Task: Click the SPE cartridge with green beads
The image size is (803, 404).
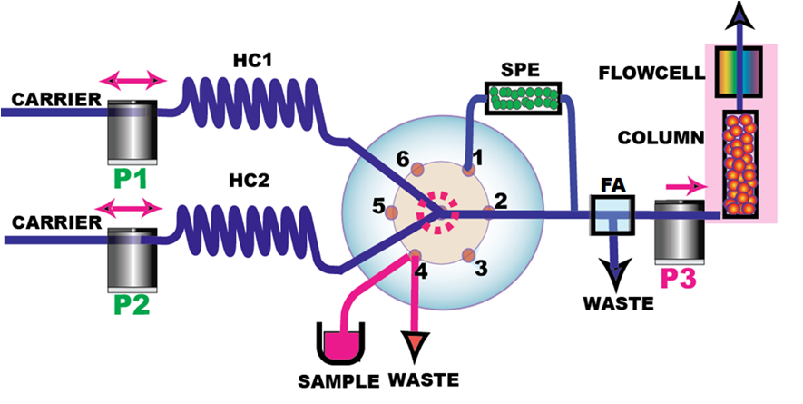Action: (x=523, y=98)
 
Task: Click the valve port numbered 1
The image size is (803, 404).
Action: (x=468, y=169)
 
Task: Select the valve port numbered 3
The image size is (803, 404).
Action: (x=468, y=254)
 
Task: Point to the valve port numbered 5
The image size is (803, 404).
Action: (x=391, y=212)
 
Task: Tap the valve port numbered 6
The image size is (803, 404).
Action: (x=416, y=170)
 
